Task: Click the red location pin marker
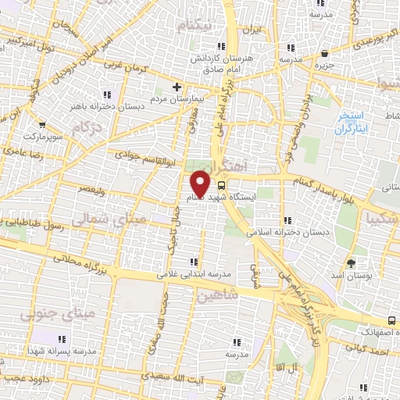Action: point(200,184)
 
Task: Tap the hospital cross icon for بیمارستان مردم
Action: point(177,86)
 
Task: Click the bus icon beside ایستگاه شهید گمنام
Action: point(221,186)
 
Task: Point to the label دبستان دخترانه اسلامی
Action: point(290,233)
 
